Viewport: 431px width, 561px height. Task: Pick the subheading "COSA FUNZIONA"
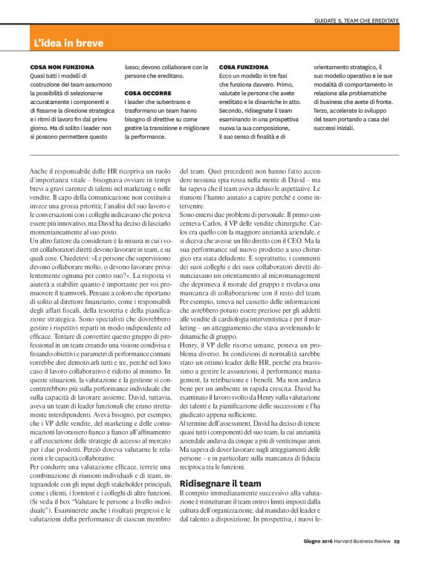point(242,67)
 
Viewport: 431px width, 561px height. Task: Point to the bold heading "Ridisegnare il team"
point(221,462)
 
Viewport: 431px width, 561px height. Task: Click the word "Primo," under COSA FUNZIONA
point(291,84)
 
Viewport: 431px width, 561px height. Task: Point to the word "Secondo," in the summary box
point(234,111)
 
